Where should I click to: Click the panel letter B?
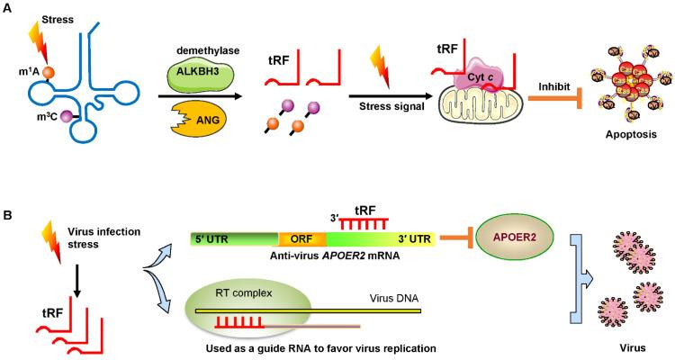[x=8, y=217]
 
